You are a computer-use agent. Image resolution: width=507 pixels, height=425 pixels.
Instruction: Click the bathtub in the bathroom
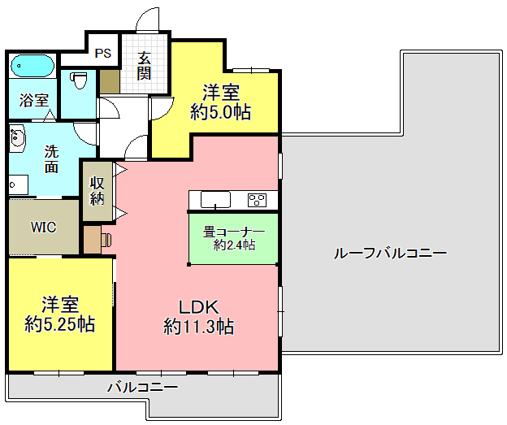(x=32, y=66)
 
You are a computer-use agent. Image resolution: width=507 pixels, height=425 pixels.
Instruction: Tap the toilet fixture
(x=80, y=80)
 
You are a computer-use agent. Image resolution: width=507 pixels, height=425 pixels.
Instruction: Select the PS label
(x=103, y=53)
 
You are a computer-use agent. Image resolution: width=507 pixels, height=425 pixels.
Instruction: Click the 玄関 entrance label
(x=144, y=66)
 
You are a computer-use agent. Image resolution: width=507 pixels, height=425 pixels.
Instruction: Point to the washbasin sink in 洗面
(x=17, y=138)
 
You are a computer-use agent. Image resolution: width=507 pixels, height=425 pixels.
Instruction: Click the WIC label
(x=43, y=227)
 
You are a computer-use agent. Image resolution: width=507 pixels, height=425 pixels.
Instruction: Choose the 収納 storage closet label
(x=97, y=191)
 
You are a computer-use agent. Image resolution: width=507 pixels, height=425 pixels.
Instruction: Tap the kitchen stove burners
(x=257, y=200)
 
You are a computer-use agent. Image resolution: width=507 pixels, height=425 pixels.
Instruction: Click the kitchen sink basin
(x=215, y=200)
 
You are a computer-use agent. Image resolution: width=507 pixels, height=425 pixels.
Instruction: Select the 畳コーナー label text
(x=234, y=232)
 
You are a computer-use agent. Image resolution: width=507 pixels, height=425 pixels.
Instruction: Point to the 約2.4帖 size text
(x=234, y=245)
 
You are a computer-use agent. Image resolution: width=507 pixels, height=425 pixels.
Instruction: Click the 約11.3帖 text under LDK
(x=198, y=327)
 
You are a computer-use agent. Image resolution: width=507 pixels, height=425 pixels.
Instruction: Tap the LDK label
(x=199, y=307)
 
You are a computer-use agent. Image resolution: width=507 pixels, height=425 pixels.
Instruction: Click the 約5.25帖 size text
(x=60, y=324)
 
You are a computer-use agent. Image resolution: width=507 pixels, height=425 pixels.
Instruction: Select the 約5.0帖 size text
(x=220, y=112)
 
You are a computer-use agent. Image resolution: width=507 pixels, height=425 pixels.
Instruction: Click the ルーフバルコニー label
(x=390, y=253)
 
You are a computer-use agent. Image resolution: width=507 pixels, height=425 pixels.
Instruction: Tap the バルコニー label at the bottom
(x=143, y=387)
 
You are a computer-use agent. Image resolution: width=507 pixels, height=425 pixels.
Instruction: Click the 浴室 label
(x=34, y=100)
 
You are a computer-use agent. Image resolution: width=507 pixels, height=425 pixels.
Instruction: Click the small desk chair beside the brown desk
(x=106, y=240)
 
